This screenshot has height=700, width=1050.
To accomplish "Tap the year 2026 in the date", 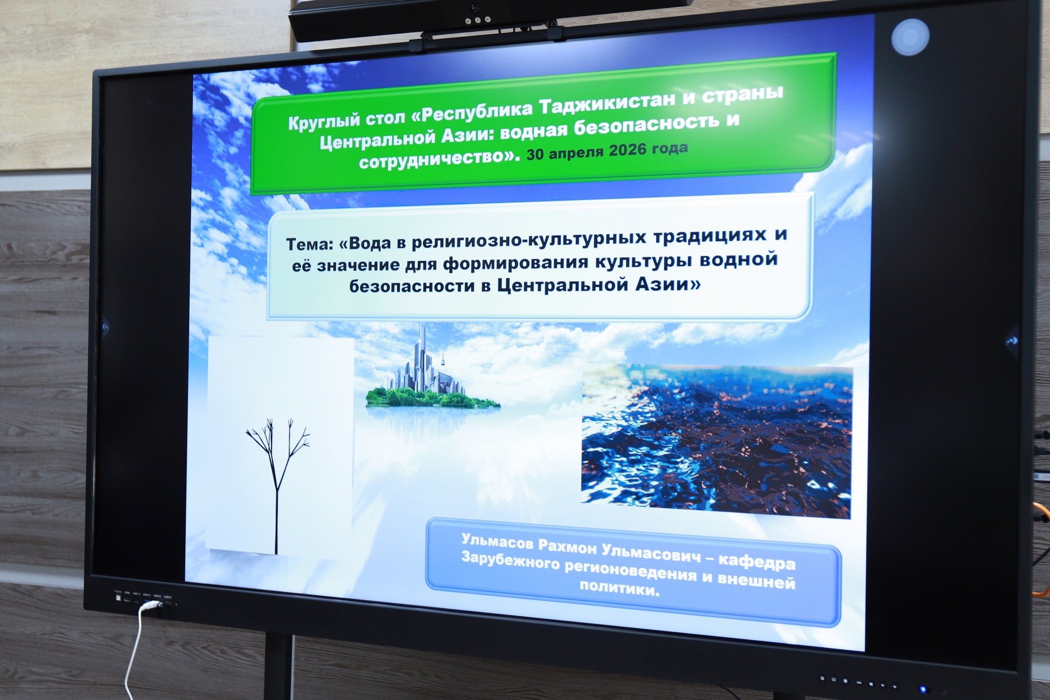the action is (x=627, y=151).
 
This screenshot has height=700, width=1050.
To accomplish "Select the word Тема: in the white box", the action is (x=309, y=244).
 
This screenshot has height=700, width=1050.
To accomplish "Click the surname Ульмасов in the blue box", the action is (x=497, y=542).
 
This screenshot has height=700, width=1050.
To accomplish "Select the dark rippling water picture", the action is (x=716, y=440).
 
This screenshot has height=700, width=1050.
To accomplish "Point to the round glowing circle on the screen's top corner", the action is (x=910, y=37).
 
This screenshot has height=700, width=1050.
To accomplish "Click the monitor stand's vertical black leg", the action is (x=278, y=666).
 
